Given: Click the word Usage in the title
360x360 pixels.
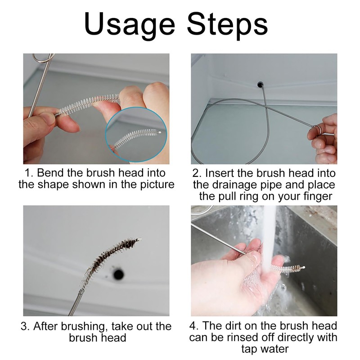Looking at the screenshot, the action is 130,25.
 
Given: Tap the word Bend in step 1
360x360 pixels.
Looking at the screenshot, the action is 47,173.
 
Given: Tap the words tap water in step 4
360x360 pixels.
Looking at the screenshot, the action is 265,349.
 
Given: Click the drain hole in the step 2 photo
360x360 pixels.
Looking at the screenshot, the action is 261,84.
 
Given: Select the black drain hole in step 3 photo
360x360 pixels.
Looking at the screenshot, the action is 119,274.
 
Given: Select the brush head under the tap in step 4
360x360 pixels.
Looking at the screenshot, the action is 288,268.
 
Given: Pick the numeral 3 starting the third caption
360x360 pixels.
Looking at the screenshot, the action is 24,327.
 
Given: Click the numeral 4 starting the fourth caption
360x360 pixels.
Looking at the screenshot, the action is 193,326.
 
